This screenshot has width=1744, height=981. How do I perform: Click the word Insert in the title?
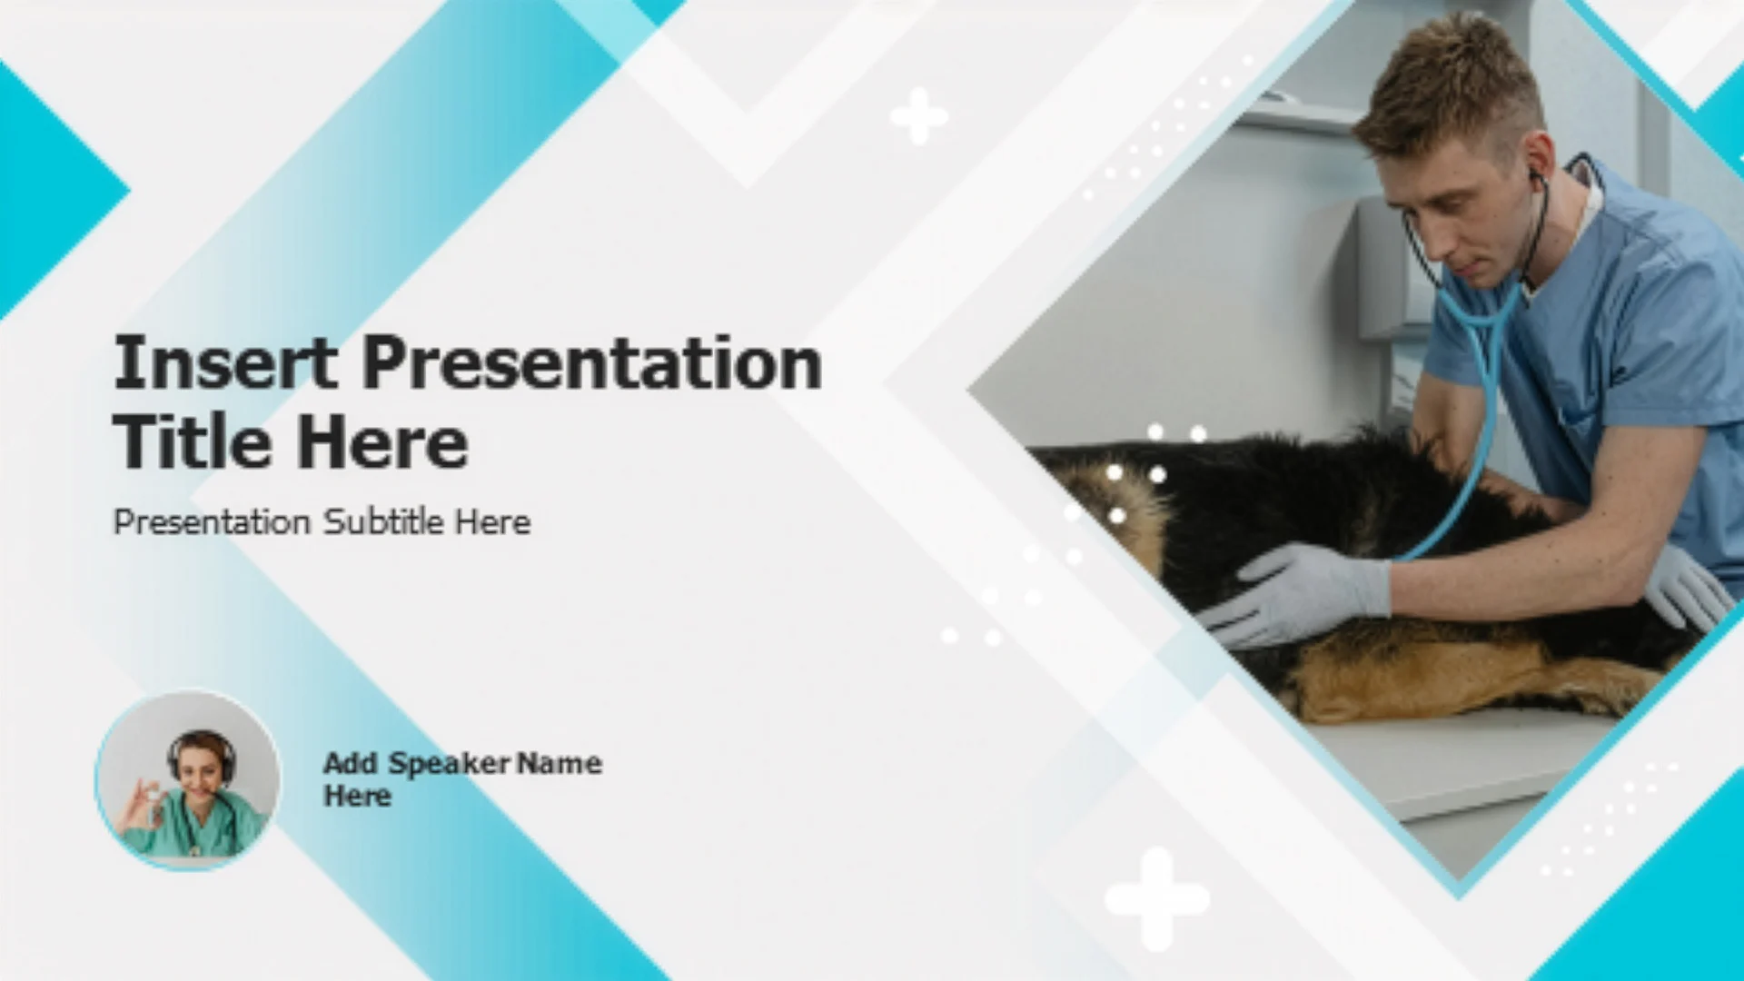[x=225, y=362]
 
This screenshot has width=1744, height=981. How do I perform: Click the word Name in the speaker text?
[x=560, y=763]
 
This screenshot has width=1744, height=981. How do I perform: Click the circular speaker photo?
[x=188, y=780]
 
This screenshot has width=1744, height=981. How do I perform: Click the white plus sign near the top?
[x=919, y=116]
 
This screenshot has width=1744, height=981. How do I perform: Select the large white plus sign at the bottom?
[x=1156, y=898]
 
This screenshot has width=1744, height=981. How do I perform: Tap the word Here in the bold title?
[x=382, y=442]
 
